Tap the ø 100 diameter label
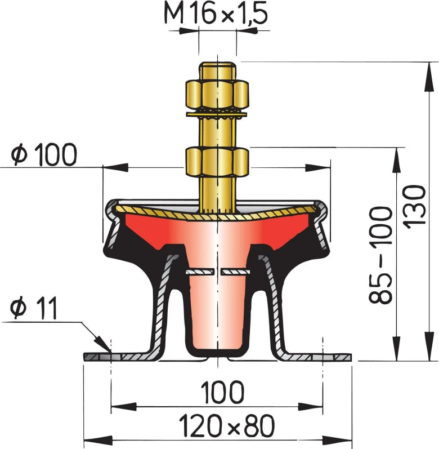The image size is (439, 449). point(44,154)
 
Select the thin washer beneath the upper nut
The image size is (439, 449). point(217,115)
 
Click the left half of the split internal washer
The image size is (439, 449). point(200,272)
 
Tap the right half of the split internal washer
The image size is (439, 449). point(236,272)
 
